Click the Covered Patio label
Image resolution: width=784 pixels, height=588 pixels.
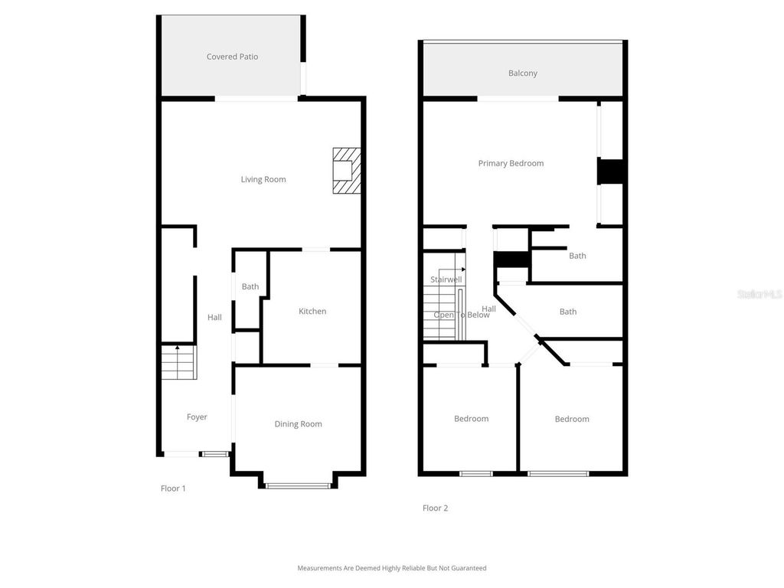point(232,57)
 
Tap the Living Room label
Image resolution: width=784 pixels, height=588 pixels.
point(263,180)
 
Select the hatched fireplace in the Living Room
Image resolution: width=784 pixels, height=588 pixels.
point(345,171)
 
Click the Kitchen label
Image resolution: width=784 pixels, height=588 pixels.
point(312,312)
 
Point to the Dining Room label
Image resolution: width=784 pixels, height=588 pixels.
point(298,424)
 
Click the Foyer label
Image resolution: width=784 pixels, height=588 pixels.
point(197,417)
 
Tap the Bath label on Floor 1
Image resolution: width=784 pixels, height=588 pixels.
point(250,287)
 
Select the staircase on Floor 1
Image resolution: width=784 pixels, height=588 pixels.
point(178,363)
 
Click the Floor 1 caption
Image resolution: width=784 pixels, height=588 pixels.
point(173,488)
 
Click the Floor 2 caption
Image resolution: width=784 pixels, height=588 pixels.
point(435,508)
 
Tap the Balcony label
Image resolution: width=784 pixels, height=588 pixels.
point(523,73)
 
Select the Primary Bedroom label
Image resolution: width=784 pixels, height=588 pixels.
point(511,164)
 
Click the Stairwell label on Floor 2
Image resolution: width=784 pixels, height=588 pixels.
point(446,279)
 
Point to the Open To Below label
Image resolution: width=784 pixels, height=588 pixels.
point(461,315)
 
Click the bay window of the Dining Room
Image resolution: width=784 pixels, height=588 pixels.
point(298,485)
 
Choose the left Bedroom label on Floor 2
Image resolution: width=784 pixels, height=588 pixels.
point(471,419)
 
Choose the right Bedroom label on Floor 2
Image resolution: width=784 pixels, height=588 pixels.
point(572,419)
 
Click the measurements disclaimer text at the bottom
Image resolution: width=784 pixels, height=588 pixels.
point(391,568)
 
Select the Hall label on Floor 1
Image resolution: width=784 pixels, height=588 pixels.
point(214,317)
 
